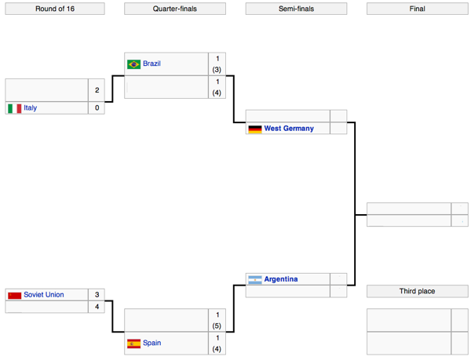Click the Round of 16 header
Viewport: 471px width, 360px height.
[55, 9]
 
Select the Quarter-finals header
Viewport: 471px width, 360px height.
[175, 9]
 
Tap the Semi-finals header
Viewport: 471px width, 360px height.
[296, 9]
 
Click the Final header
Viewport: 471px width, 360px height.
[418, 9]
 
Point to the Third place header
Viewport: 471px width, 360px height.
[418, 291]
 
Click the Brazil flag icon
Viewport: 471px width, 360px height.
[133, 64]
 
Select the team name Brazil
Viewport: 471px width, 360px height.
[152, 64]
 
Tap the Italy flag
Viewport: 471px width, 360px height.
[15, 108]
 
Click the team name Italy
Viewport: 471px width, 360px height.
[31, 107]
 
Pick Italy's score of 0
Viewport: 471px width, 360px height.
[97, 107]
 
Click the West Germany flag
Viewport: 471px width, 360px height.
[255, 129]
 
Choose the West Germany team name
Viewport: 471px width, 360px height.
[289, 129]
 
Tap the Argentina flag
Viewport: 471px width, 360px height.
[255, 280]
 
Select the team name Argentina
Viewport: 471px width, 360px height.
[281, 279]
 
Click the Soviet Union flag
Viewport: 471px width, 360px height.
[15, 296]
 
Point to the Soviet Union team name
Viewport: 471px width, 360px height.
[44, 295]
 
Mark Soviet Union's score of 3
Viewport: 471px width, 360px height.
[97, 295]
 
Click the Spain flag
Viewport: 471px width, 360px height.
[133, 344]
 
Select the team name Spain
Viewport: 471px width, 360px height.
[152, 343]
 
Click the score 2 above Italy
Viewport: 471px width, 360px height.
[97, 90]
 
